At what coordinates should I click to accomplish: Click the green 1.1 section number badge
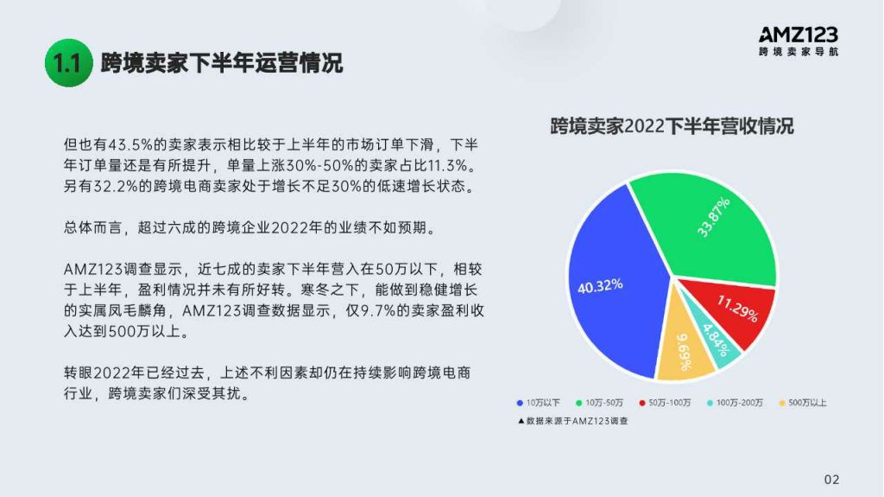tap(69, 63)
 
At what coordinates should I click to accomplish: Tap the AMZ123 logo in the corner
tap(799, 41)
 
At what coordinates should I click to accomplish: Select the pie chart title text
tap(672, 126)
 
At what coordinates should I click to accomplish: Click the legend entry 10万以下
tap(539, 403)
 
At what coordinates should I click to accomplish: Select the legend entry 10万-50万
tap(599, 403)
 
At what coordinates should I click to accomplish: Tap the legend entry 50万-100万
tap(665, 403)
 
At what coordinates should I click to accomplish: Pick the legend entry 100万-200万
tap(736, 403)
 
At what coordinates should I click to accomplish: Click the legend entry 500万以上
tap(803, 403)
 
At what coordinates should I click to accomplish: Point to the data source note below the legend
tap(573, 421)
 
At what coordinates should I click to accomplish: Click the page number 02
tap(831, 480)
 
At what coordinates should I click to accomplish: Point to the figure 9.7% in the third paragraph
tap(378, 310)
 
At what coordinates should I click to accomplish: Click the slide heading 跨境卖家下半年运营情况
tap(222, 63)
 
